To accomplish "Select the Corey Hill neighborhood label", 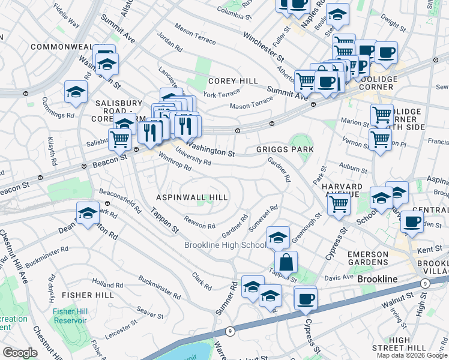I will click(x=233, y=81).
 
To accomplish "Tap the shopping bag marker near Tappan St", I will click(x=286, y=262).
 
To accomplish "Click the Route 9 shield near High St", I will click(x=426, y=283).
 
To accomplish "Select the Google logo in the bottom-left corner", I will click(x=19, y=353).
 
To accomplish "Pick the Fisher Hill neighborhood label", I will click(x=88, y=295).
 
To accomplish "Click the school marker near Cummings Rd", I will click(x=76, y=91).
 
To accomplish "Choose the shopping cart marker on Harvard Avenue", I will click(x=339, y=204).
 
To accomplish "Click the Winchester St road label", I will click(x=264, y=46).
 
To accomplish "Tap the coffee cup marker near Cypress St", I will click(x=306, y=298).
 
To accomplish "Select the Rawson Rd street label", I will click(x=200, y=223).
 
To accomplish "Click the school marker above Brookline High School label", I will click(x=278, y=237).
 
